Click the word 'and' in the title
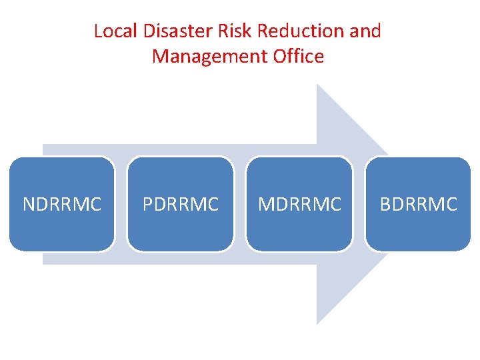coord(366,31)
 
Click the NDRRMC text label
coord(62,204)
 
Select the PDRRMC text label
coord(181,204)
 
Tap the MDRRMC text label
coord(299,204)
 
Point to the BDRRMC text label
coord(419,204)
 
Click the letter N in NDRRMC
coord(29,204)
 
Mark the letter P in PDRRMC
coord(148,204)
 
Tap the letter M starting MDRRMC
coord(265,204)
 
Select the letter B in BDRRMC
coord(385,204)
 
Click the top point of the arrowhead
coord(317,85)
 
